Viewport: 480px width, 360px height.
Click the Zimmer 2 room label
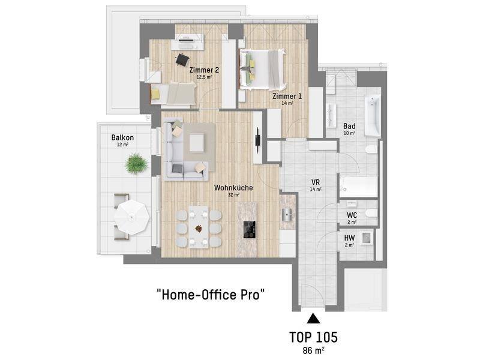tap(204, 70)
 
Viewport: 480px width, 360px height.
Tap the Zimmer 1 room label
tap(287, 96)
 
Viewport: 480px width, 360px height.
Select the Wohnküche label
tap(233, 187)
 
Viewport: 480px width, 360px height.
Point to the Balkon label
tap(122, 137)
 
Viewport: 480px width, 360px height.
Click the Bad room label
tap(349, 126)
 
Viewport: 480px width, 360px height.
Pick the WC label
tap(352, 215)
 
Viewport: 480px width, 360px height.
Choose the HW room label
tap(349, 238)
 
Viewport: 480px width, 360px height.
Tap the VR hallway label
tap(316, 182)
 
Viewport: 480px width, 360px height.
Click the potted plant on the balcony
tap(136, 163)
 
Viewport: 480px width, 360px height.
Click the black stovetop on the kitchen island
tap(250, 229)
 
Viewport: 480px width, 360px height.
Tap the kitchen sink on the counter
tap(287, 214)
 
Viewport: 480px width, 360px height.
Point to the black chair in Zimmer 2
tap(182, 59)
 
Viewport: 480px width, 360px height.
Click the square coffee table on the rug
tap(197, 143)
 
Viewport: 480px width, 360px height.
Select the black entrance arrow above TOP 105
tap(313, 319)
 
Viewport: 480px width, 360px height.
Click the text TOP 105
tap(313, 337)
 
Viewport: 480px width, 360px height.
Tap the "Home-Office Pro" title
tap(211, 295)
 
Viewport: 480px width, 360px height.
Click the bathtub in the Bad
tap(373, 116)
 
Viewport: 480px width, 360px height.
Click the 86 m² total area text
tap(313, 350)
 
